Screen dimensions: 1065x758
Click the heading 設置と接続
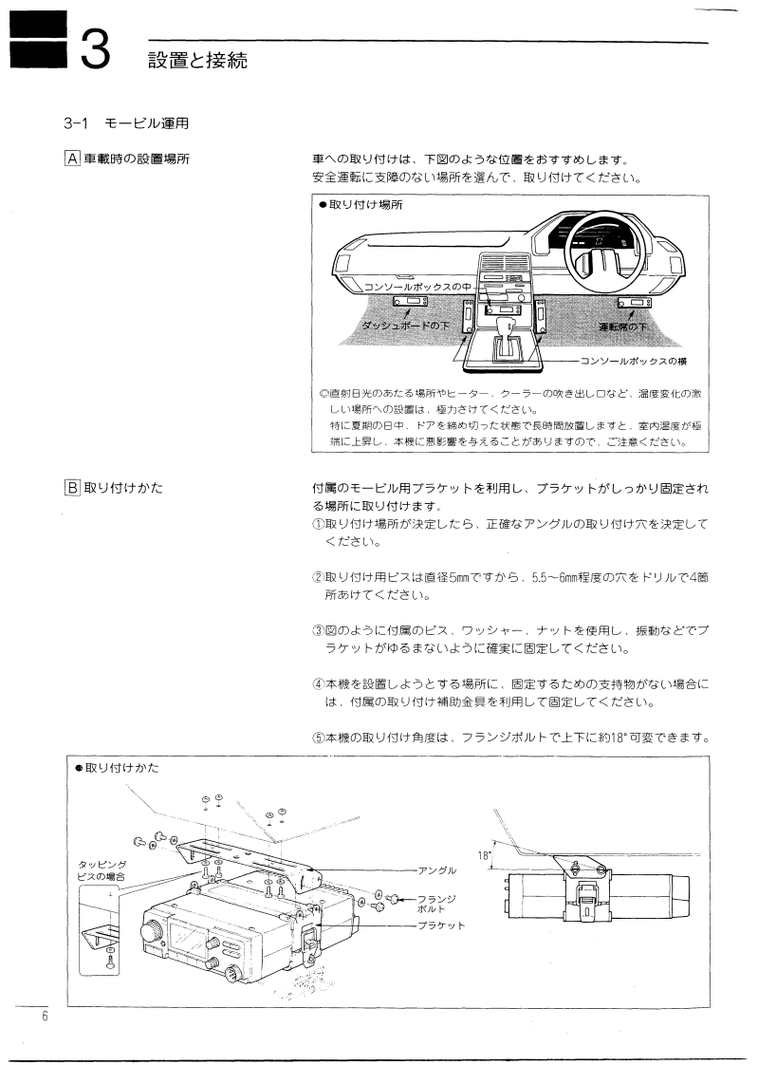[x=196, y=63]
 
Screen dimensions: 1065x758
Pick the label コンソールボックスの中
[x=418, y=286]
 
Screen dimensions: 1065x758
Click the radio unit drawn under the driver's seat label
[x=631, y=304]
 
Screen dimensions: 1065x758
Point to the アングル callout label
[x=436, y=869]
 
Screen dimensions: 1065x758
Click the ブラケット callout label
[x=441, y=925]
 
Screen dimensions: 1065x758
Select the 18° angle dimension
[x=484, y=855]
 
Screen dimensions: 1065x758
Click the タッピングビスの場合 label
[x=101, y=870]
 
